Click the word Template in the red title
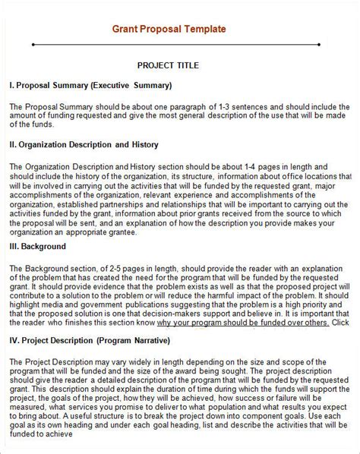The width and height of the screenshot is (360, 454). click(201, 30)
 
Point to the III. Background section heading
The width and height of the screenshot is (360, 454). click(38, 246)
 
